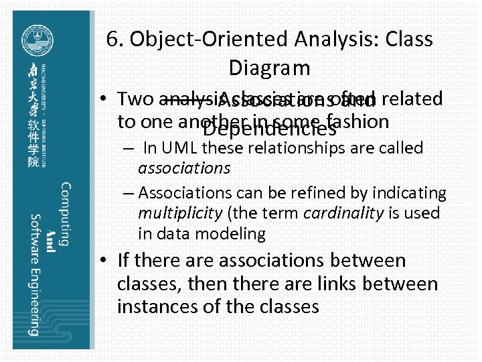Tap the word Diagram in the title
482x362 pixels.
(269, 68)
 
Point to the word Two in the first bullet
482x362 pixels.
(135, 99)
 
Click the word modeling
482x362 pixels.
(232, 233)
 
